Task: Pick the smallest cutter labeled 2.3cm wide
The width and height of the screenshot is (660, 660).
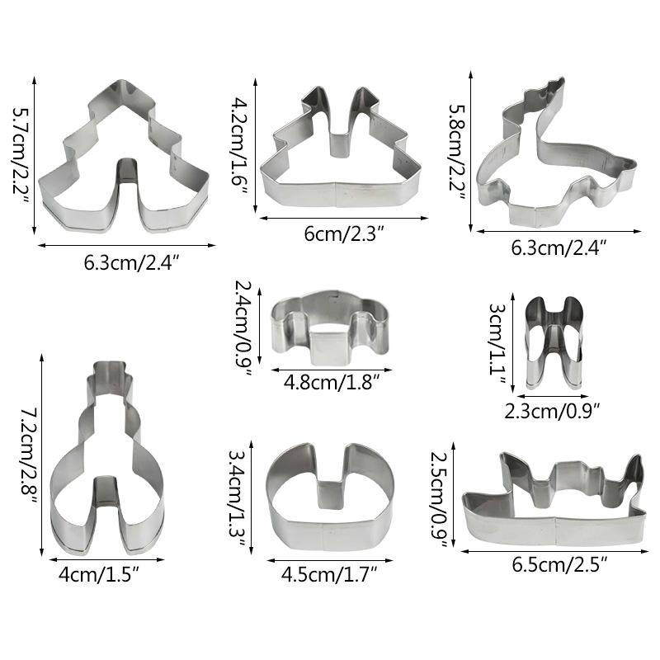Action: point(554,342)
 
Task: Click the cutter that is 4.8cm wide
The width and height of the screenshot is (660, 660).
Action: point(330,328)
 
